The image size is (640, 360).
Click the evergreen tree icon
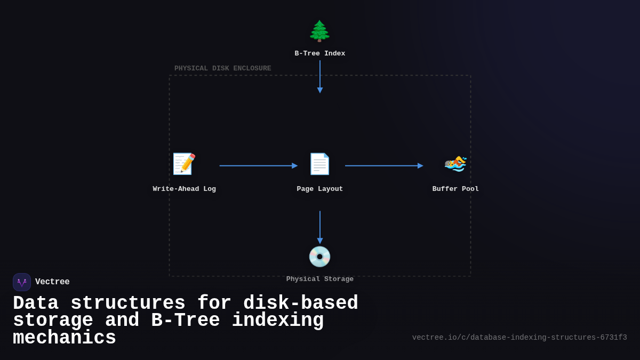click(x=319, y=31)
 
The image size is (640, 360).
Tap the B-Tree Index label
click(x=319, y=54)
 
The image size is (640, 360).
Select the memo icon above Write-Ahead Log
click(x=184, y=164)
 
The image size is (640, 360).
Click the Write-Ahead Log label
click(x=184, y=189)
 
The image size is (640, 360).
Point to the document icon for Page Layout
click(x=319, y=164)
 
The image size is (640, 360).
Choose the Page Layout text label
click(x=319, y=189)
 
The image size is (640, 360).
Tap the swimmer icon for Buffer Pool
click(x=455, y=164)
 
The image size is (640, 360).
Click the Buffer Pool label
click(x=455, y=189)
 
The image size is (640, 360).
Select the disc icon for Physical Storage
click(x=319, y=257)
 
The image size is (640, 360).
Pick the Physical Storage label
click(x=319, y=279)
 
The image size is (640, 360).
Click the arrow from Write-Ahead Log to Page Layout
click(x=258, y=166)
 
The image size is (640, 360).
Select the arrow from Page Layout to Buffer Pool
click(x=383, y=166)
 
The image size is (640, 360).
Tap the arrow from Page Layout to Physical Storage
click(x=320, y=227)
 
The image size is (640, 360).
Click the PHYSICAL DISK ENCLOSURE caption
click(x=222, y=69)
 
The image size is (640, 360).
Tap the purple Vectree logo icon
click(x=22, y=282)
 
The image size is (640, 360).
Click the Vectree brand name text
click(x=52, y=282)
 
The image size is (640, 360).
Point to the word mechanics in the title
click(x=65, y=338)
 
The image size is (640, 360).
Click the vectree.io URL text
click(x=519, y=338)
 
